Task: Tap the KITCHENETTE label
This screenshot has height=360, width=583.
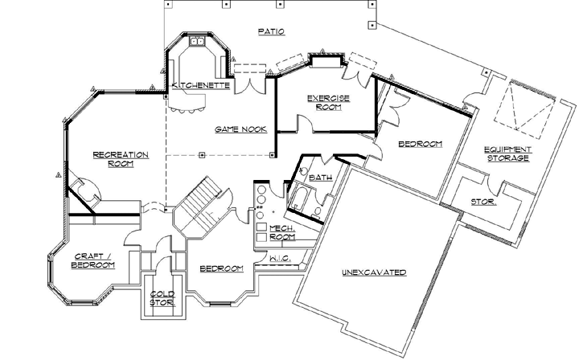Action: click(202, 84)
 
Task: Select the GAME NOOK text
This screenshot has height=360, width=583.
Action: click(235, 129)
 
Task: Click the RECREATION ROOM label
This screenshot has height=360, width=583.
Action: click(113, 157)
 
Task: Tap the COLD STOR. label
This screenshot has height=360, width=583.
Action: click(163, 299)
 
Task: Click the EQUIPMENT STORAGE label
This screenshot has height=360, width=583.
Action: click(507, 153)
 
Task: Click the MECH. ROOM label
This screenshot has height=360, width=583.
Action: click(281, 233)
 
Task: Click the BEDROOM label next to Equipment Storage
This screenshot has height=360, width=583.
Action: click(421, 144)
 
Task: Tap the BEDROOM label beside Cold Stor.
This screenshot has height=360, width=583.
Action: click(221, 268)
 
